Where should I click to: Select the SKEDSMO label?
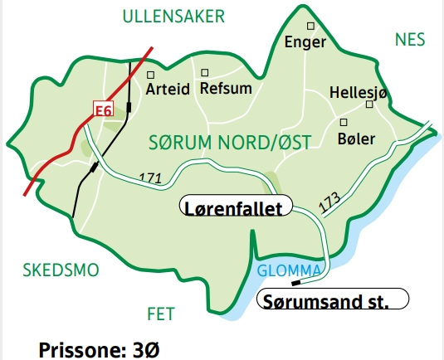click(x=61, y=270)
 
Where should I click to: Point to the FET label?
click(x=161, y=314)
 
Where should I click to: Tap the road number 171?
click(x=150, y=178)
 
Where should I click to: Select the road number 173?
click(x=329, y=202)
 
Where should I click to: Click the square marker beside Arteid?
click(x=150, y=72)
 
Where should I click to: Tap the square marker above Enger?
click(x=310, y=27)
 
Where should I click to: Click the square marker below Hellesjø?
click(x=369, y=105)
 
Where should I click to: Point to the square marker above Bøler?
click(x=343, y=121)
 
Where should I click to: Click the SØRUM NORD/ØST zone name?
click(x=229, y=142)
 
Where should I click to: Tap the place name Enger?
click(x=305, y=42)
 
